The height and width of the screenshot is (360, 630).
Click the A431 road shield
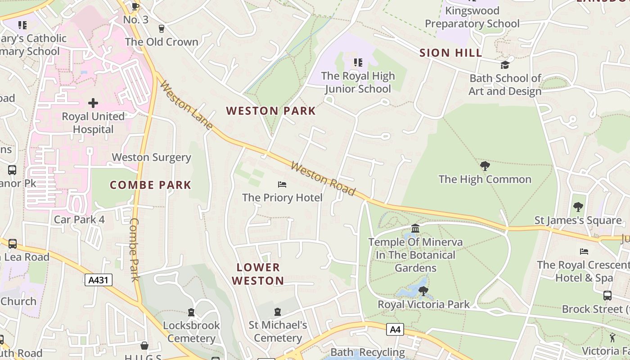coord(98,280)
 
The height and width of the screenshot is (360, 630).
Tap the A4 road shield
coord(395,329)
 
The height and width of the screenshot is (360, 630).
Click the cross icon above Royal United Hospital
coord(93,103)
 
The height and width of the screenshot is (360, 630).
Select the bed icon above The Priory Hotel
coord(282,184)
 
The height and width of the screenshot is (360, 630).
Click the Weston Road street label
coord(323,179)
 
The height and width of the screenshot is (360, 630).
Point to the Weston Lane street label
coord(186,106)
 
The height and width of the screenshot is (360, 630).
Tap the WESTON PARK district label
coord(271,111)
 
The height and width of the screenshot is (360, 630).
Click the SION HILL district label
coord(451,53)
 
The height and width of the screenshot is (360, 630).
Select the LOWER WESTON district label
coord(258,274)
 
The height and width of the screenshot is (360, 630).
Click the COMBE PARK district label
coord(151,185)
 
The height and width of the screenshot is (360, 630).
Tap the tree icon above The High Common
coord(485,166)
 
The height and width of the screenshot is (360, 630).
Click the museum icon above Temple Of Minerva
coord(415,229)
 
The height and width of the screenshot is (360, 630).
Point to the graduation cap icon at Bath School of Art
coord(505,65)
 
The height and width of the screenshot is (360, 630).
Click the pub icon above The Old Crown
coord(162,29)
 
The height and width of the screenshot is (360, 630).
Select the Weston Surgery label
coord(152,157)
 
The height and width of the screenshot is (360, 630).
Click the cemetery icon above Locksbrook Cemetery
coord(191,312)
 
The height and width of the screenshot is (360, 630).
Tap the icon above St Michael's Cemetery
coord(278,311)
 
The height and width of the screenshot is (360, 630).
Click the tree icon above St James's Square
coord(578,207)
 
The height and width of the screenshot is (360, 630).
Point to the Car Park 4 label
coord(79,220)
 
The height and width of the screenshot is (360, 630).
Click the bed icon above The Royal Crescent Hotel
coord(584,252)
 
